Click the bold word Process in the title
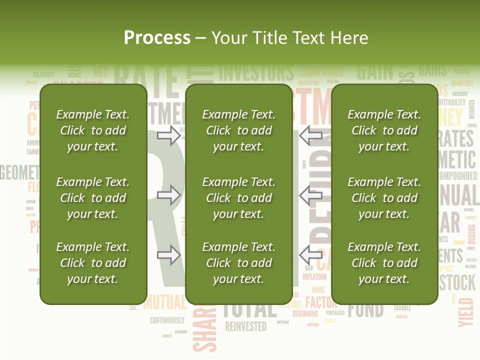157,37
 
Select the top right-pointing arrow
169,135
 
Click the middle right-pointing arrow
169,195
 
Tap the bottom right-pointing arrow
169,255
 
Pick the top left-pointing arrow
311,135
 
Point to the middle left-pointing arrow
311,195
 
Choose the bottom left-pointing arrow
311,255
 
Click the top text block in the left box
93,130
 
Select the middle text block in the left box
93,198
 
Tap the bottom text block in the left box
93,263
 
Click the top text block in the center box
238,130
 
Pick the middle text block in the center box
238,198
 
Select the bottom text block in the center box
238,263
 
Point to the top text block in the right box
384,130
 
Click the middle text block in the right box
384,198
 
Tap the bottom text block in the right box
384,263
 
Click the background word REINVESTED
245,327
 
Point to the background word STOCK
457,283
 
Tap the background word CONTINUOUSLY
167,320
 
